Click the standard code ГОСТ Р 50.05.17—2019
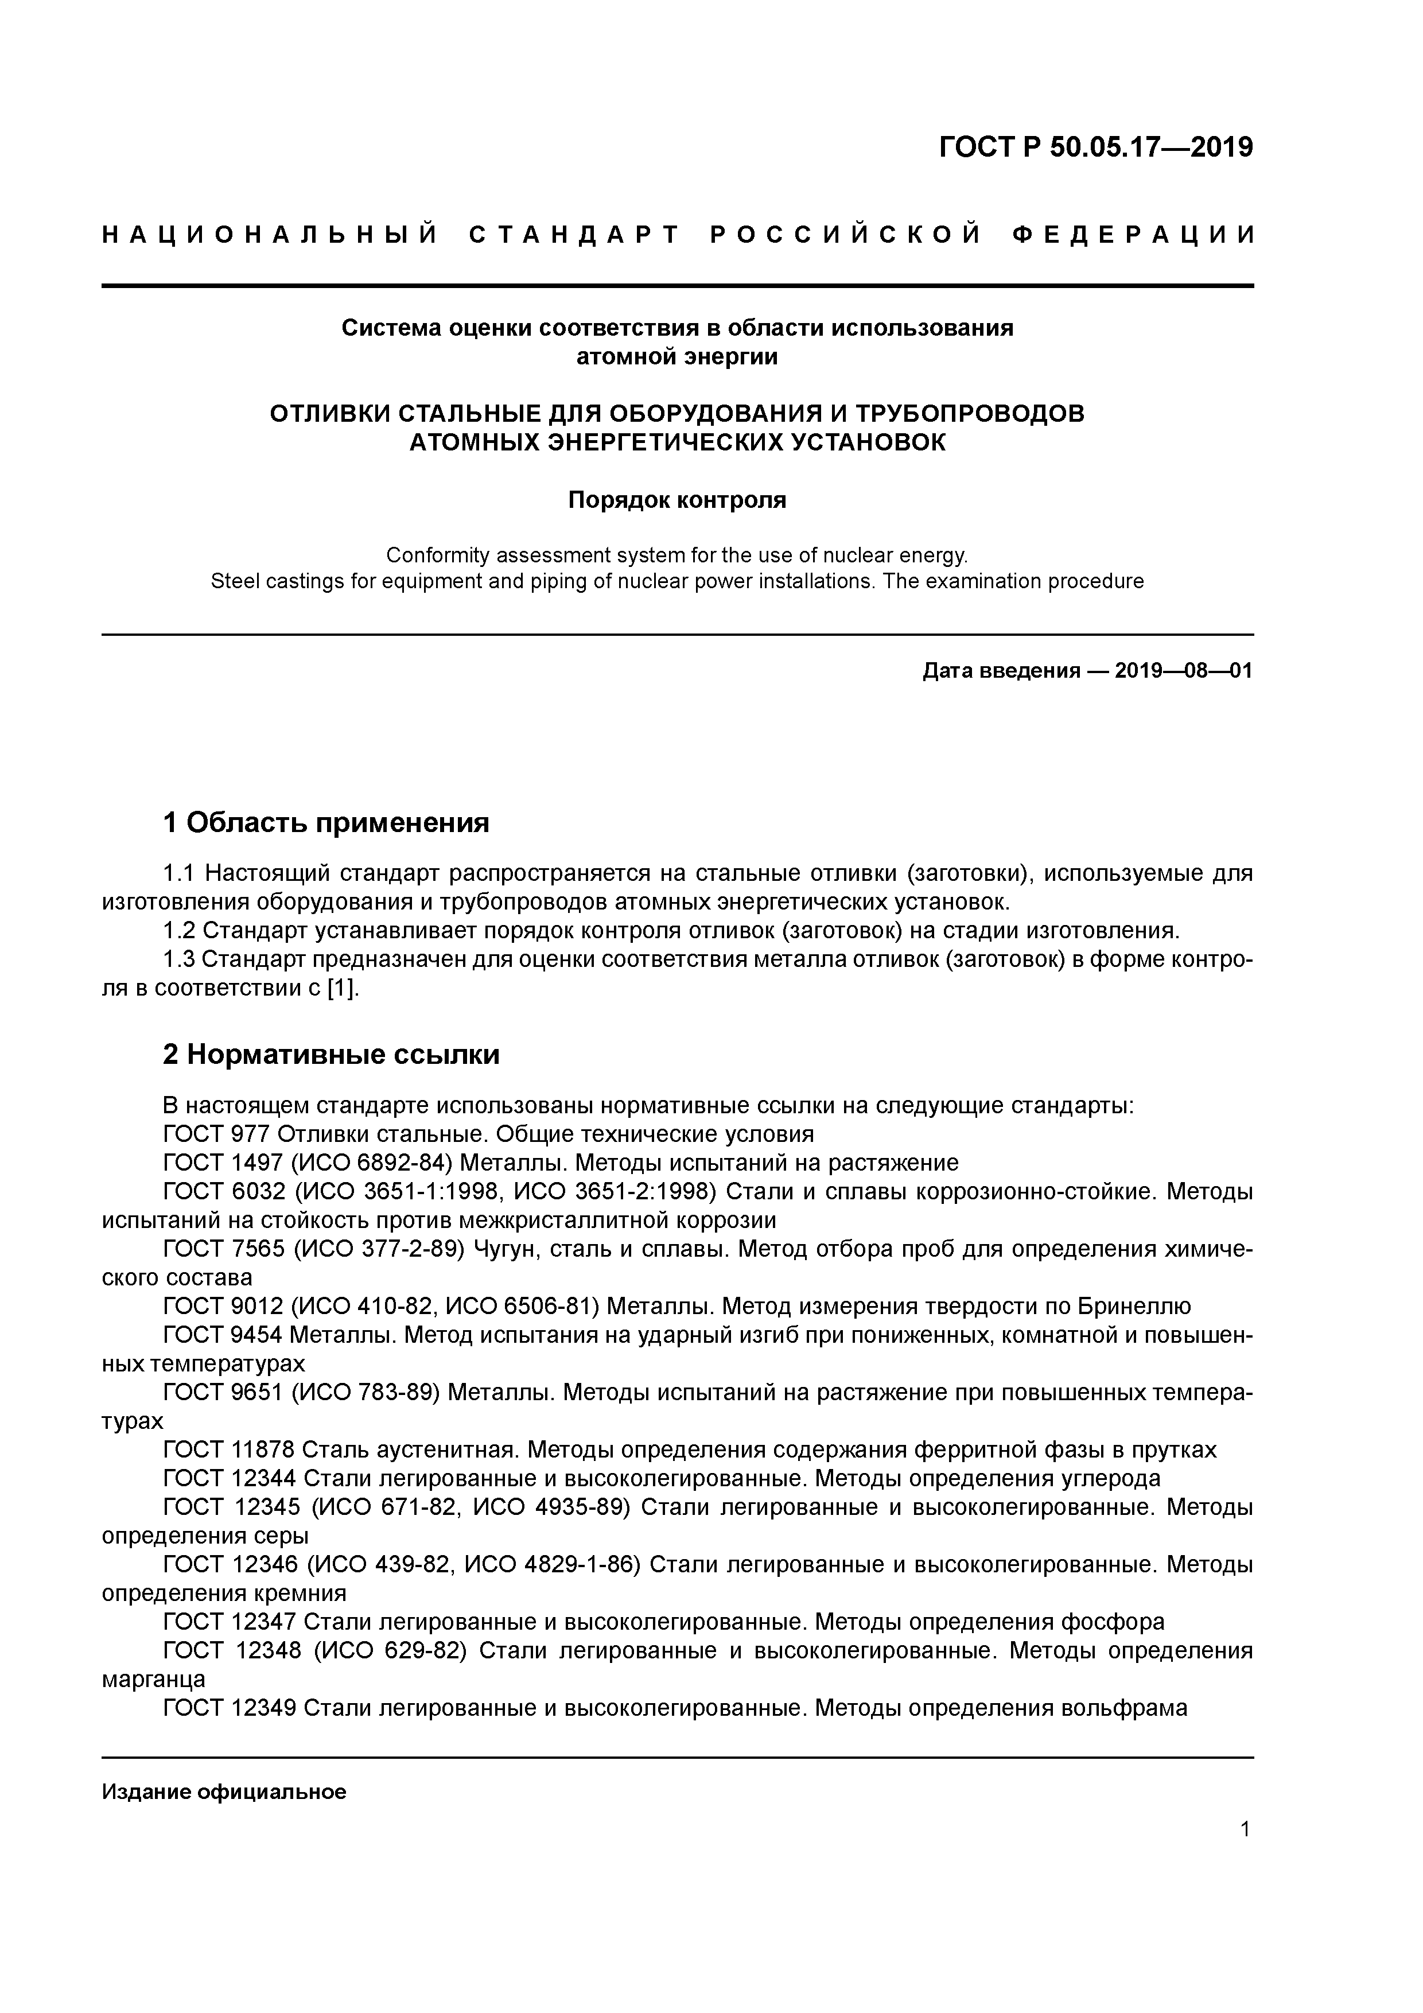tap(1096, 147)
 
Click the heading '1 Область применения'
tap(326, 822)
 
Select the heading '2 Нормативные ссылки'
tap(332, 1054)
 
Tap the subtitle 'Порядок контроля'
tap(677, 500)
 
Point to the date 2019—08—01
tap(1184, 671)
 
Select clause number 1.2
tap(180, 930)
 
